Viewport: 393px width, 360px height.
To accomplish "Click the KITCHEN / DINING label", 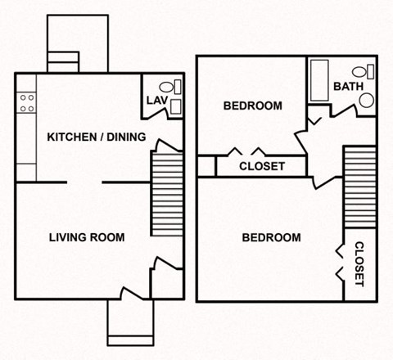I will click(97, 137).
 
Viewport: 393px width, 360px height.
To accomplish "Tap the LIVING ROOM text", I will click(87, 237).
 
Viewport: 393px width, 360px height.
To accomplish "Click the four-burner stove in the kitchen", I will click(27, 101).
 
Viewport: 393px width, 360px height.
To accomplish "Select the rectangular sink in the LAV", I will click(178, 85).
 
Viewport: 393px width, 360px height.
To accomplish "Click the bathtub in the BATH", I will click(318, 81).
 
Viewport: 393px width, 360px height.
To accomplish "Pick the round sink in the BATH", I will click(366, 100).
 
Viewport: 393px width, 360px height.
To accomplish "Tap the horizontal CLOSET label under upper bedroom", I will click(262, 166).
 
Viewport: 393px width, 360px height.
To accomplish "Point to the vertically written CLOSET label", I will click(358, 263).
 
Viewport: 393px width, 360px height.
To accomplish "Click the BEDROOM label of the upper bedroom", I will click(253, 106).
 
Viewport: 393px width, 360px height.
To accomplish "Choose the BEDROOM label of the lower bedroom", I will click(272, 237).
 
